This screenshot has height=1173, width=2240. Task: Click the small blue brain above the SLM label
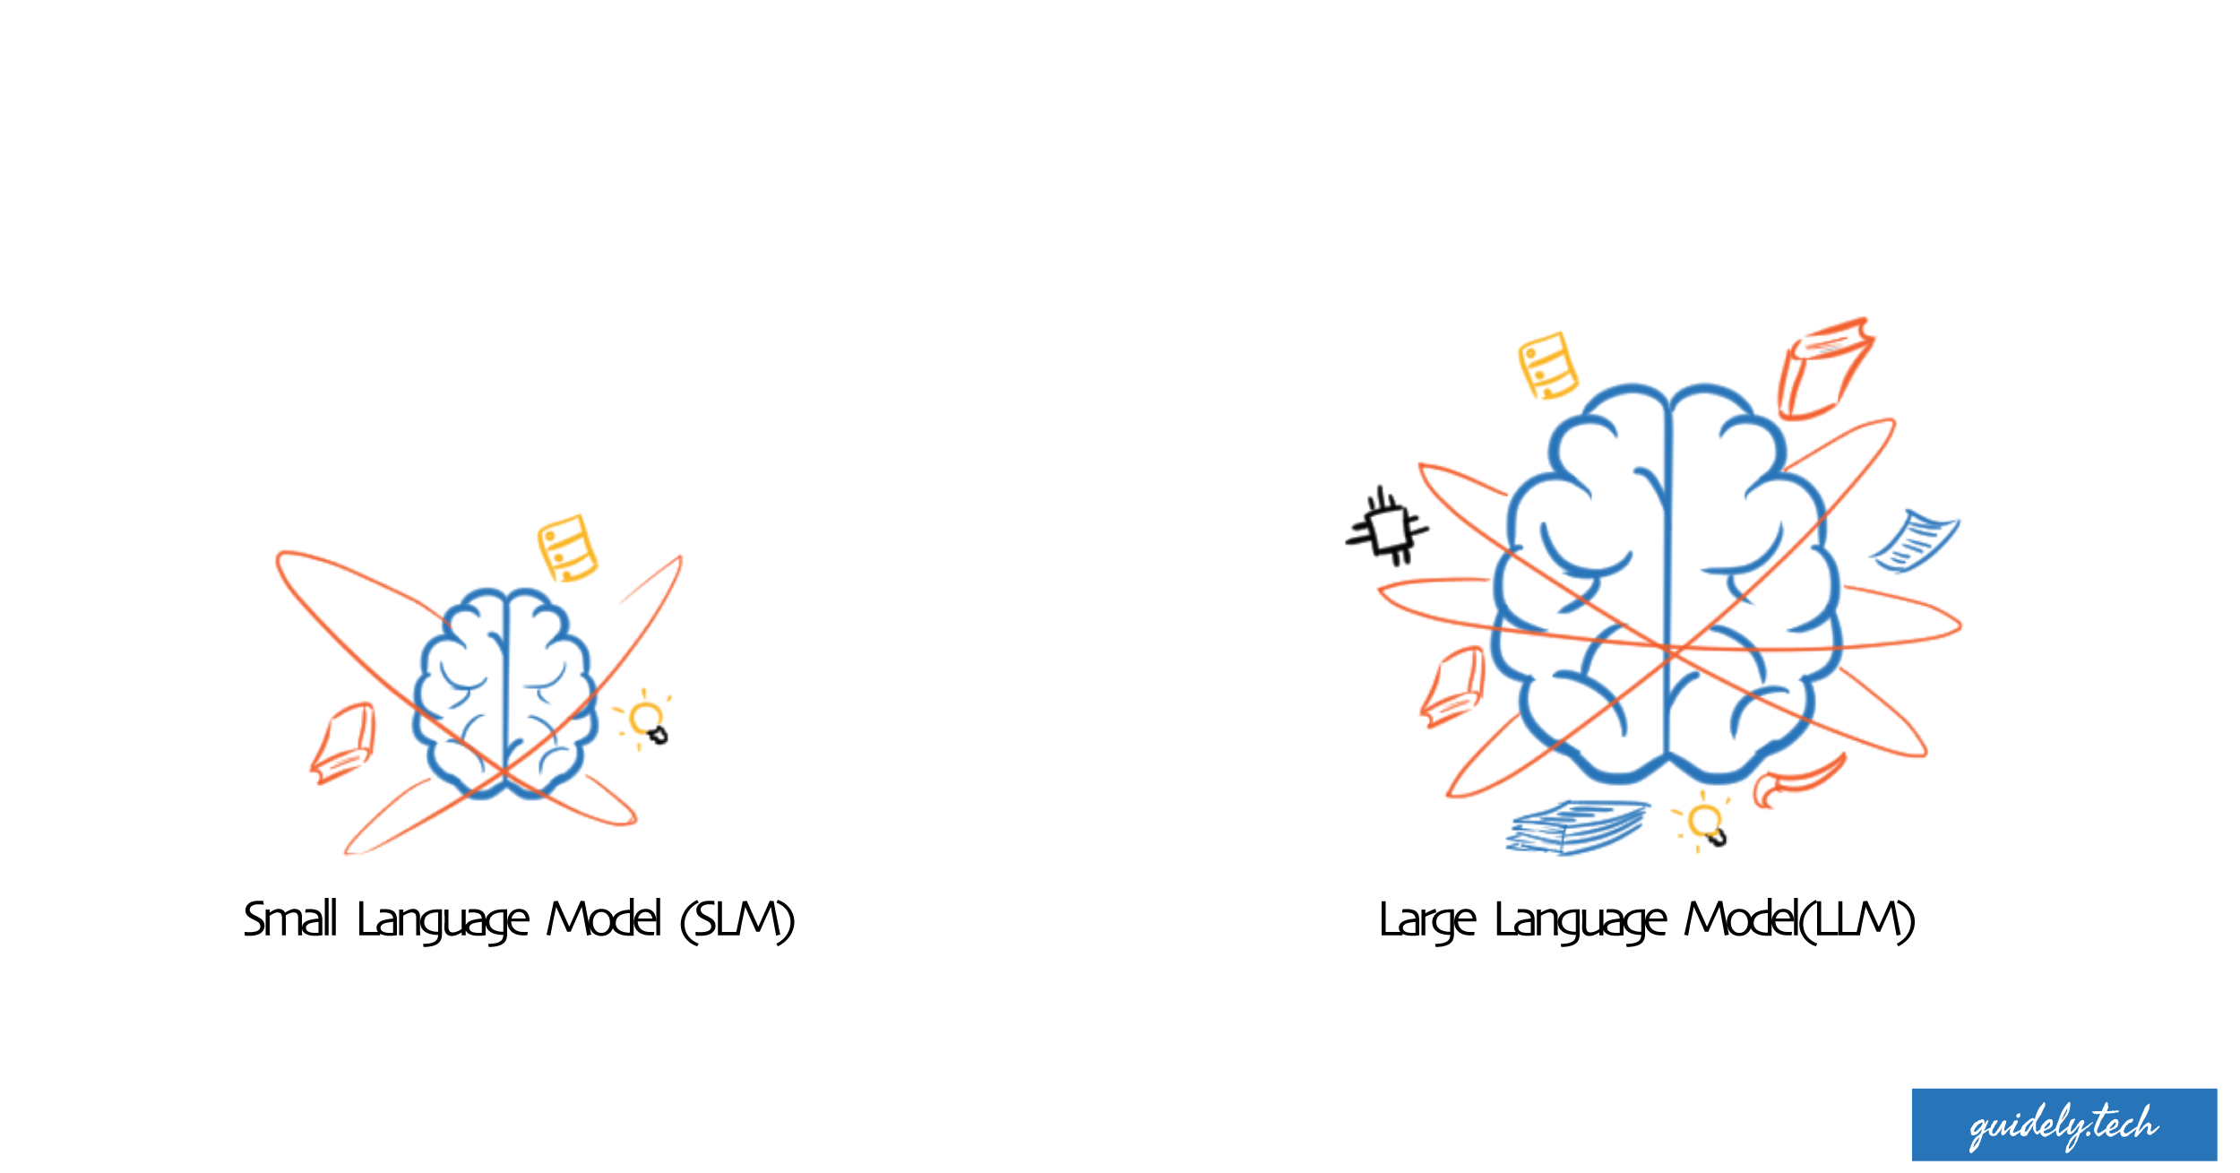tap(505, 694)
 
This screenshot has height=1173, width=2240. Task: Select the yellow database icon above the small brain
tap(566, 548)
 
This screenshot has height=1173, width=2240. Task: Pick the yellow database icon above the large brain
tap(1547, 366)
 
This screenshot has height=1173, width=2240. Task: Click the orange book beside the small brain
tap(343, 743)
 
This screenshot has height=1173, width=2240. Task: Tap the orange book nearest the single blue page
tap(1824, 368)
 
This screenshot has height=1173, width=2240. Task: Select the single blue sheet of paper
tap(1914, 541)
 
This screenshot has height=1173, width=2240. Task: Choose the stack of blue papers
tap(1577, 827)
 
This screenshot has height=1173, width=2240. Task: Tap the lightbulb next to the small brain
tap(645, 720)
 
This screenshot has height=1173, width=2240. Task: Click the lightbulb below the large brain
tap(1702, 823)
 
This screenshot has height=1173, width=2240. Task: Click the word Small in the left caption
tap(291, 920)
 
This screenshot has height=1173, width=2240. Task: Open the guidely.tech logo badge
tap(2064, 1125)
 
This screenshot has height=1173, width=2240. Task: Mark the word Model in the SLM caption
tap(605, 920)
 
